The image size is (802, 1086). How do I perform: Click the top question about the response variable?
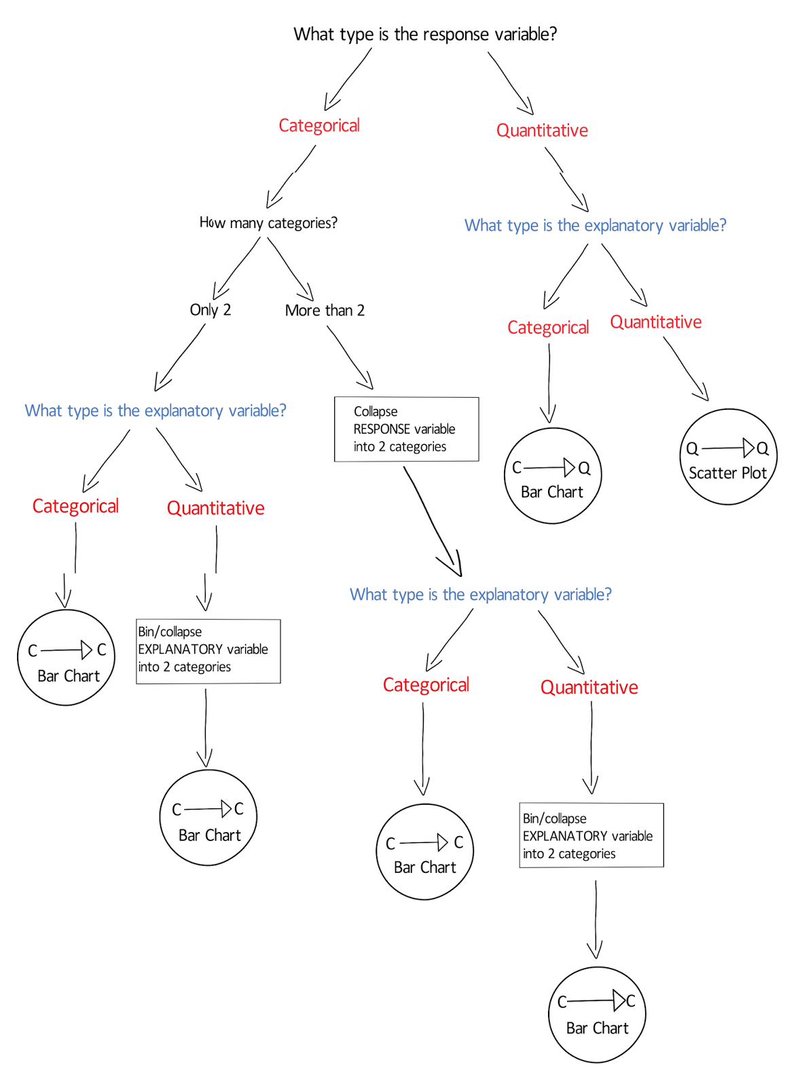(424, 34)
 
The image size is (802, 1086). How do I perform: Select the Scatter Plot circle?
(728, 457)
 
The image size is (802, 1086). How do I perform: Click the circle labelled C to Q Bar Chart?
(553, 476)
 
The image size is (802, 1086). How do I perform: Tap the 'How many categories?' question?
(268, 223)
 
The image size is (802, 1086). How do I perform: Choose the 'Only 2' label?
(211, 310)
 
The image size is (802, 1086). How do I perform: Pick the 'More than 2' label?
(325, 311)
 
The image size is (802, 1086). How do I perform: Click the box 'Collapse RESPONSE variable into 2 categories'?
(406, 429)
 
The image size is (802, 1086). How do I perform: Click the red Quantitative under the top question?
(542, 130)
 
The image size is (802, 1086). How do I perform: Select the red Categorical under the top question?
(319, 126)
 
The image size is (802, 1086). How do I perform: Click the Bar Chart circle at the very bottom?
(597, 1015)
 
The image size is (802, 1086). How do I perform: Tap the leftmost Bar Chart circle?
(67, 658)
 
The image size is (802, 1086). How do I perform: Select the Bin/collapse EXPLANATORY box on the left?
(208, 651)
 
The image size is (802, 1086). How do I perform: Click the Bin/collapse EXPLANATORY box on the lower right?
(591, 836)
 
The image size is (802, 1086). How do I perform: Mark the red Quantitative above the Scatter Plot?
(655, 322)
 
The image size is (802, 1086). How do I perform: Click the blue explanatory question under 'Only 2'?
(156, 411)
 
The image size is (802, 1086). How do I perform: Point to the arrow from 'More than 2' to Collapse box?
(350, 357)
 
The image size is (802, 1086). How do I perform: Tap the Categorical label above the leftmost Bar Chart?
(75, 506)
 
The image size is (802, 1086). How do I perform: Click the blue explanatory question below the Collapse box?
(480, 595)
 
